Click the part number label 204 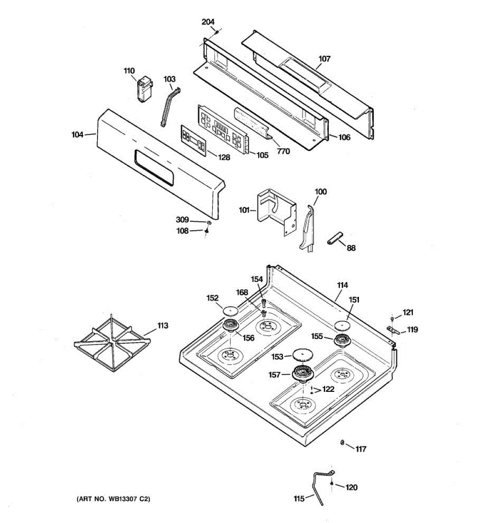pos(208,22)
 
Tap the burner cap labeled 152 pos(230,310)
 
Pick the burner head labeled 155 pos(343,340)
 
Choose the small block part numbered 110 pos(144,91)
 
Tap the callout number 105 pos(262,155)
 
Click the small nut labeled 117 pos(342,443)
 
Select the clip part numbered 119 pos(393,332)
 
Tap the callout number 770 pos(283,151)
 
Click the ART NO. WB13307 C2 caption pos(113,499)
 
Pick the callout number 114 pos(342,285)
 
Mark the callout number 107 pos(324,58)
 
